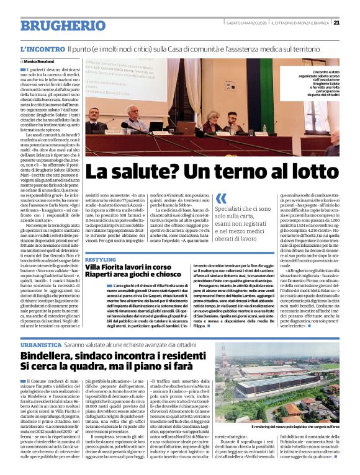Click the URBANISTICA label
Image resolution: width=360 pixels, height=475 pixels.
tap(40, 343)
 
